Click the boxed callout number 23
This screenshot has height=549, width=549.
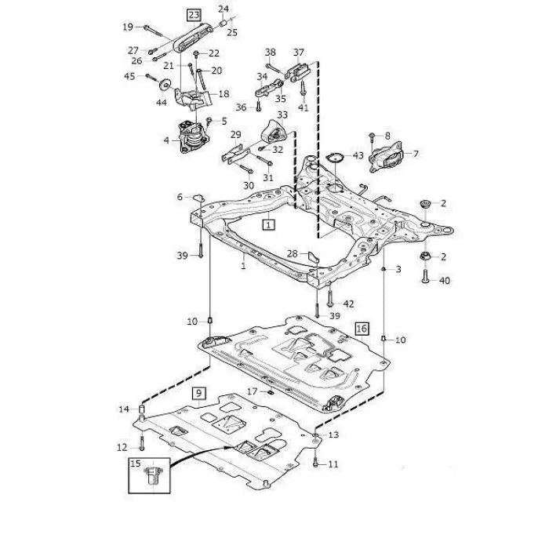(x=193, y=13)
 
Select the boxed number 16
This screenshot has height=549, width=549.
(x=362, y=328)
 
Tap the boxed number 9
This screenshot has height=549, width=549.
(x=198, y=392)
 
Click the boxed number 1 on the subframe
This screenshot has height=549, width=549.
(x=269, y=224)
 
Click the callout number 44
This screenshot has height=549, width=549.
(x=162, y=102)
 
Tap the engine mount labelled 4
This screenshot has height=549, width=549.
(x=187, y=140)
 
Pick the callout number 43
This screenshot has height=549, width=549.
(x=358, y=155)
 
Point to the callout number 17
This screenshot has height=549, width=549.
(x=252, y=391)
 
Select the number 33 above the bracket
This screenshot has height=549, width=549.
(x=282, y=115)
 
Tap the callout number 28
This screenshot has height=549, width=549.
(x=292, y=253)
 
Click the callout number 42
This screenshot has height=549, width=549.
(x=349, y=304)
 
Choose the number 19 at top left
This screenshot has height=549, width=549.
(x=128, y=27)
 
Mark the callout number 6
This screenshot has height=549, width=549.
(x=179, y=197)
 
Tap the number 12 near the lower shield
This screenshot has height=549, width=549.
(x=122, y=447)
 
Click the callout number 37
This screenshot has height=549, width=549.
(x=299, y=53)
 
